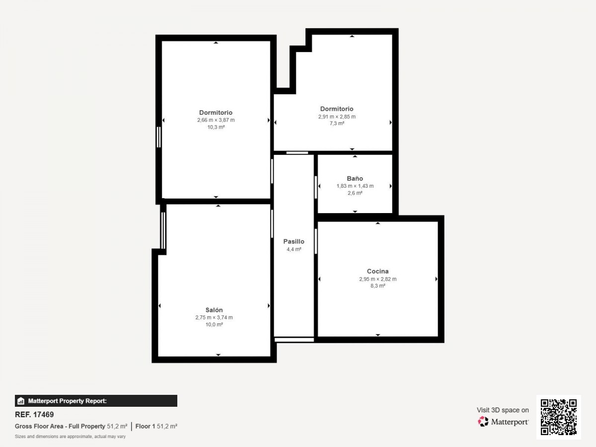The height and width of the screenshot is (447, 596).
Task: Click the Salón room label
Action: click(214, 310)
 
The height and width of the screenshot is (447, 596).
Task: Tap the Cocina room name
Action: click(377, 271)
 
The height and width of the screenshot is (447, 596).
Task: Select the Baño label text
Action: click(355, 178)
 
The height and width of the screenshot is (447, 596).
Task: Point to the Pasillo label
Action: click(294, 241)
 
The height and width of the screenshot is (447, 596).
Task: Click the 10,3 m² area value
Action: click(216, 127)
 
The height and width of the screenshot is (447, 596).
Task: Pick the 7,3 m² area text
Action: click(337, 123)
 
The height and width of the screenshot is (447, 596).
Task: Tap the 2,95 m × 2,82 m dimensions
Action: click(377, 279)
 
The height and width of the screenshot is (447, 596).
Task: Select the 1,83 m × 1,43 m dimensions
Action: click(355, 186)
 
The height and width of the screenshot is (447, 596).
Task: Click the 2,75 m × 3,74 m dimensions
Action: click(214, 317)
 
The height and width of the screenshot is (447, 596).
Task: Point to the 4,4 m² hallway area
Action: click(294, 249)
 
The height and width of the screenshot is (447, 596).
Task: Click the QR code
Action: click(559, 417)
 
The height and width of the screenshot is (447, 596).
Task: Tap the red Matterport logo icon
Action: click(483, 422)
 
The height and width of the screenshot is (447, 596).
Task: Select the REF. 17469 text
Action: click(34, 414)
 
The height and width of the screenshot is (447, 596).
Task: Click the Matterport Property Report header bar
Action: click(96, 401)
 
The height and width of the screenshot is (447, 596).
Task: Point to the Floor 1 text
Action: click(145, 426)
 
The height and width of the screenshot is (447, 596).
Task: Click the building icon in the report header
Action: click(21, 401)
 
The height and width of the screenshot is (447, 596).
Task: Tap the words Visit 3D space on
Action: click(503, 410)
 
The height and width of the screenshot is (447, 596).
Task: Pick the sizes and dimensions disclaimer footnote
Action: click(70, 437)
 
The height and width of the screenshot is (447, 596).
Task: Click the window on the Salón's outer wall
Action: click(163, 230)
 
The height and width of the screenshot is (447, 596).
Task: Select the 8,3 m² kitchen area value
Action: click(377, 286)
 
